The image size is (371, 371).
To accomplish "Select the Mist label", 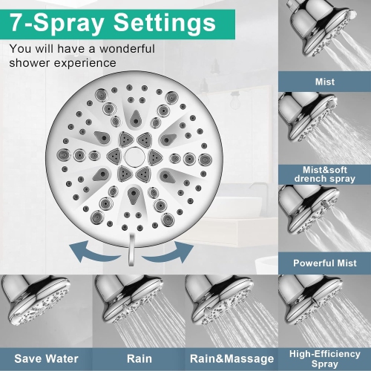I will [x=324, y=82].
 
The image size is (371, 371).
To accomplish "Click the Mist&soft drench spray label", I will [x=324, y=173].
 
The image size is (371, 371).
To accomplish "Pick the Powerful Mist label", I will [x=324, y=263].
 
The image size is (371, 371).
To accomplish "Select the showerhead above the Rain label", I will [x=119, y=301].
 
